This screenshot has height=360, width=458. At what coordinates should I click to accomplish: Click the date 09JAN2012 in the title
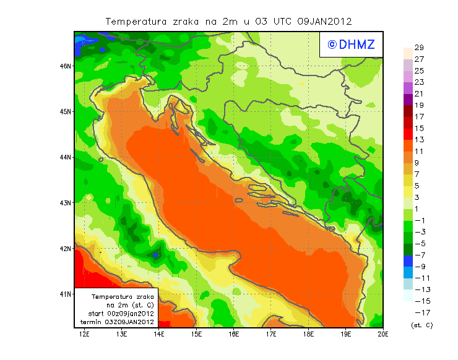[324, 21]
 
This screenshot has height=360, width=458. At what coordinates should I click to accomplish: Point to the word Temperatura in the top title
[136, 21]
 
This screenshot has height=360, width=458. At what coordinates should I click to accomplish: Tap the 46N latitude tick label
[65, 66]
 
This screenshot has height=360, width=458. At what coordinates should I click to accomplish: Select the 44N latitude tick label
[65, 157]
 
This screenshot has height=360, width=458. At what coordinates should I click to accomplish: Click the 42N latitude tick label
[65, 248]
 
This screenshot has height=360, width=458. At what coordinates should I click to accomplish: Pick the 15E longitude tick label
[197, 334]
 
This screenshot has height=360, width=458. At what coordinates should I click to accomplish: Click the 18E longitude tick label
[308, 334]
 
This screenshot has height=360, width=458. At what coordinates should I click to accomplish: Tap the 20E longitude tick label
[382, 334]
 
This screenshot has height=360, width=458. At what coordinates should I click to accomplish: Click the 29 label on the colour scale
[418, 48]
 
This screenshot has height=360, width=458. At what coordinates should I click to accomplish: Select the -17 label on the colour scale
[420, 312]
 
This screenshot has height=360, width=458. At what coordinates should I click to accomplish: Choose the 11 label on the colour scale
[418, 152]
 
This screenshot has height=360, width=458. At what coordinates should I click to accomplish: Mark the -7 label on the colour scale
[419, 255]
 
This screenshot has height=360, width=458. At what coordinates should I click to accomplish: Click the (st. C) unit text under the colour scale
[421, 325]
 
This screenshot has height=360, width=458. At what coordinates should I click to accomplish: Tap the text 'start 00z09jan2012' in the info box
[117, 314]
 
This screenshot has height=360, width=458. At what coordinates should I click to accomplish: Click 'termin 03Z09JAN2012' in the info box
[117, 322]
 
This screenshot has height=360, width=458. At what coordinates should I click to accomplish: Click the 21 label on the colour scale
[418, 94]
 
